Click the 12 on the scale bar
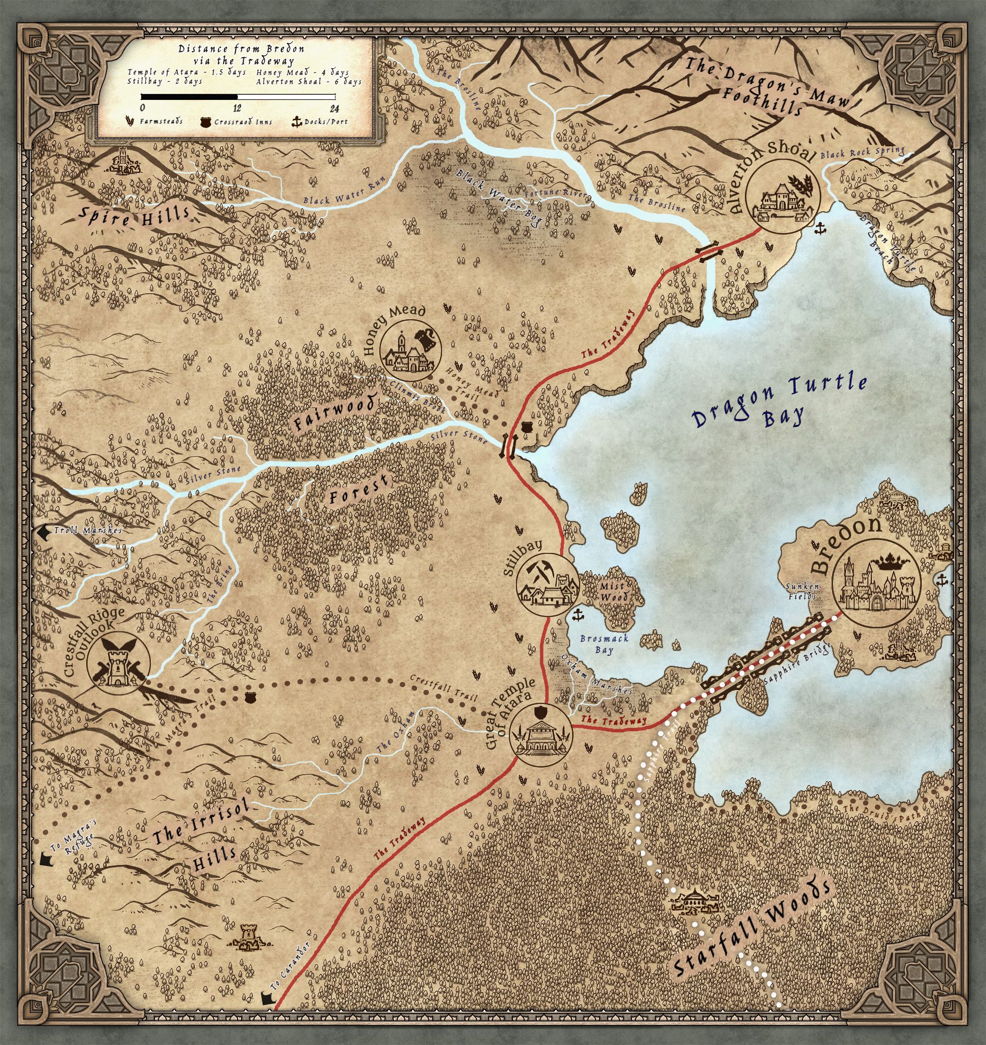237,108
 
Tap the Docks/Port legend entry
320,122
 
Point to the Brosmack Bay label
596,644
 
